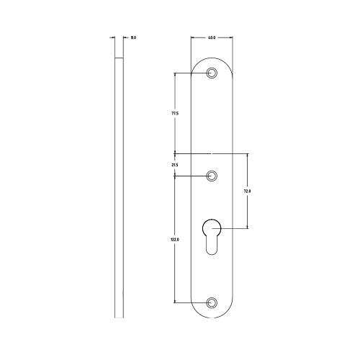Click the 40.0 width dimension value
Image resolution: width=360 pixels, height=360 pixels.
click(211, 37)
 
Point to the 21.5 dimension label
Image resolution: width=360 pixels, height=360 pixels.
click(175, 165)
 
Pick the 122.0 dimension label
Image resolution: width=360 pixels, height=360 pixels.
click(175, 240)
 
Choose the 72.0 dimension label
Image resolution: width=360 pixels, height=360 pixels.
click(247, 191)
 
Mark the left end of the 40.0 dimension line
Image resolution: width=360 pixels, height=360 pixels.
click(192, 37)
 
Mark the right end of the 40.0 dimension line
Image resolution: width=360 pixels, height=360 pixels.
click(232, 37)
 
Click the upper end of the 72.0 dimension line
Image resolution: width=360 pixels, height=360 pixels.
click(247, 153)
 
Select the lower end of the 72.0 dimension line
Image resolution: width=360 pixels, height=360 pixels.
click(247, 228)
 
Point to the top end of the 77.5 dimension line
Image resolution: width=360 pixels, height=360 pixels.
click(175, 73)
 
